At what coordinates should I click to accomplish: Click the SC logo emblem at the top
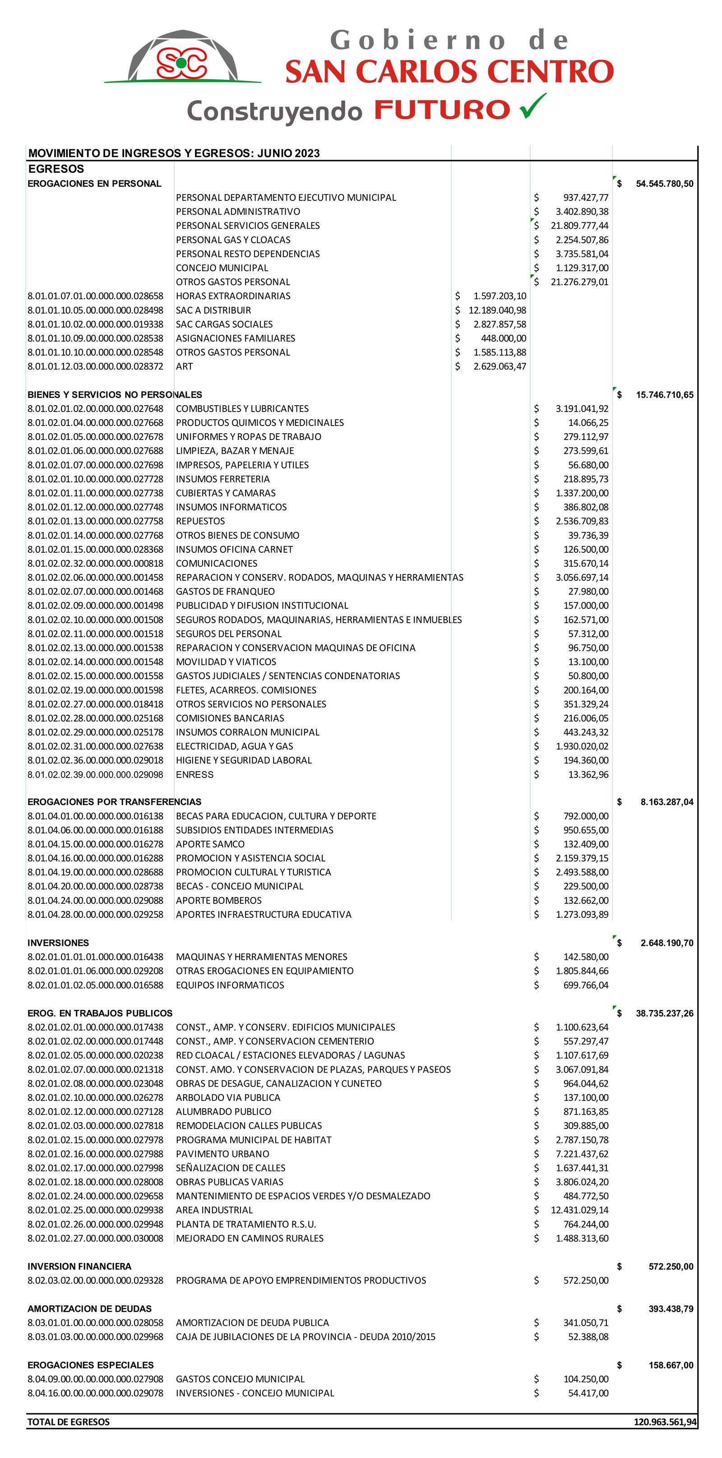[x=182, y=60]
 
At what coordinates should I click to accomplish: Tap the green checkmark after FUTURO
[x=533, y=106]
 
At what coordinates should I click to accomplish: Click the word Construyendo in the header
[x=274, y=111]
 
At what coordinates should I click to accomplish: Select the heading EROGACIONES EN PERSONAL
[x=94, y=183]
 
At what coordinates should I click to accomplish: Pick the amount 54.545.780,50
[x=664, y=183]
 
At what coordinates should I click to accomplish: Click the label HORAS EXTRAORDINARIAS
[x=233, y=296]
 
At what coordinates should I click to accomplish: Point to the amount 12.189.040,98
[x=497, y=310]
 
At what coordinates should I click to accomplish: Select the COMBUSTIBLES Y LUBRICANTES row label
[x=242, y=408]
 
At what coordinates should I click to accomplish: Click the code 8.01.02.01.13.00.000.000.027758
[x=95, y=521]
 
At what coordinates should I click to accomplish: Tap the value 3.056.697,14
[x=582, y=577]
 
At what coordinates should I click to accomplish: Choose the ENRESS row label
[x=194, y=774]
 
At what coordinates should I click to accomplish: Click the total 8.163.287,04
[x=666, y=801]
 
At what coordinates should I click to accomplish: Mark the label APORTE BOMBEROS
[x=219, y=900]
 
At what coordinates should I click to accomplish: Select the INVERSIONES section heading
[x=58, y=942]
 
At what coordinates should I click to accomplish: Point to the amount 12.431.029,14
[x=579, y=1209]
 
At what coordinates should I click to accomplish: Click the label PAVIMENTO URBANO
[x=222, y=1153]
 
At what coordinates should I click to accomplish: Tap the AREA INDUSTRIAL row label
[x=214, y=1209]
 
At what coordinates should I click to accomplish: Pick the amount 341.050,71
[x=586, y=1322]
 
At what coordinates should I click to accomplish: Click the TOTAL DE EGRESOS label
[x=69, y=1421]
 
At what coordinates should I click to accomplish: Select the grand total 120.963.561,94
[x=665, y=1421]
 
